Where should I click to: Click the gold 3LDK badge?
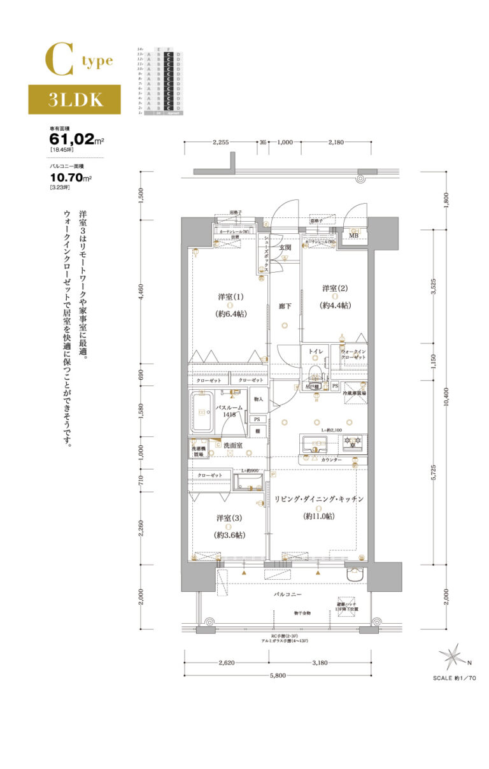74,99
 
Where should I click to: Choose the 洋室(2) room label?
334,289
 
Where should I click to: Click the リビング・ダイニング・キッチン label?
318,499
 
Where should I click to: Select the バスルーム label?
227,406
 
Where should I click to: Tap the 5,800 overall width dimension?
278,676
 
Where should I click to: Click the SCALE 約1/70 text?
454,679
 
